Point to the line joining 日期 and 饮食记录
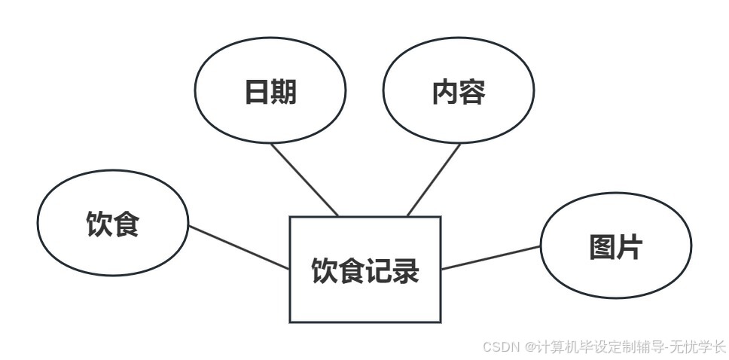[304, 178]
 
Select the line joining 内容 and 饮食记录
[434, 179]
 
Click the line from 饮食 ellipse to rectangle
[239, 247]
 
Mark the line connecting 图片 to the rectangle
[490, 258]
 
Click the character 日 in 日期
[257, 91]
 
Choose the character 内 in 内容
[445, 91]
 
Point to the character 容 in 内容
[472, 91]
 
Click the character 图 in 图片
[602, 247]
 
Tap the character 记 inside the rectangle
[379, 270]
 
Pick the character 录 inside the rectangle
[406, 270]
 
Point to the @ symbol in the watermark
[530, 347]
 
